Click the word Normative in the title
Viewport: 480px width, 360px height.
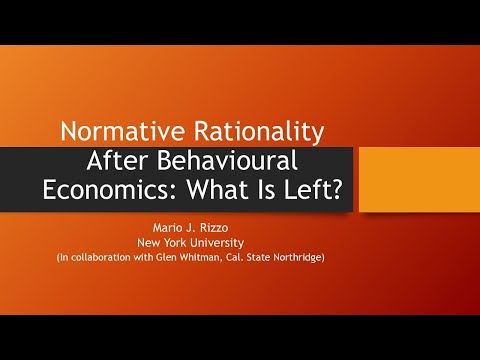click(x=114, y=132)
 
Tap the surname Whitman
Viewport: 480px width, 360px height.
click(x=215, y=257)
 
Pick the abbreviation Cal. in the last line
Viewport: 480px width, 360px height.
click(x=256, y=257)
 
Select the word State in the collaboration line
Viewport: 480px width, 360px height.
click(x=282, y=257)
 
